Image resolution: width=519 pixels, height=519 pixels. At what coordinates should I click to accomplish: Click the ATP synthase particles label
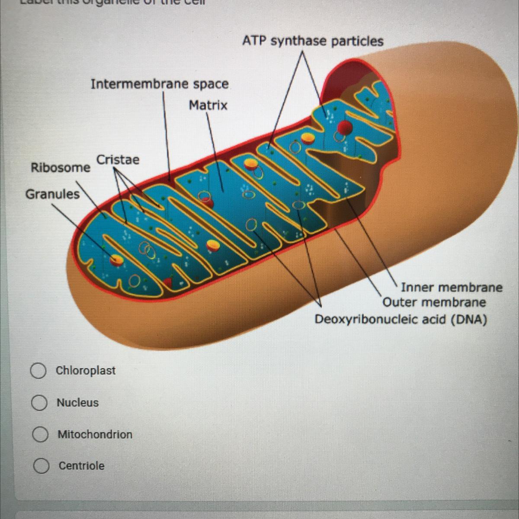point(313,41)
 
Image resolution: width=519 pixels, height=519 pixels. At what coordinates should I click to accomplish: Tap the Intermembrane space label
point(159,84)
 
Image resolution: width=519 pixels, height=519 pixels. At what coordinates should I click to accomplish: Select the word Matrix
point(208,105)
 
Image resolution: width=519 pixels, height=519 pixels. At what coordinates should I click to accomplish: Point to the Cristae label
point(118,160)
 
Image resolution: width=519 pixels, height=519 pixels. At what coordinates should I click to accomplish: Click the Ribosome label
point(61,167)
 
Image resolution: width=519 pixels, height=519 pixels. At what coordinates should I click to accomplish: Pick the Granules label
point(52,194)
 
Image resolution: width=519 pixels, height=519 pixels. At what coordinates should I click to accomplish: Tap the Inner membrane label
point(452,287)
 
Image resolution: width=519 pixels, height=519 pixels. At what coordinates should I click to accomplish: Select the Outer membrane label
point(434,302)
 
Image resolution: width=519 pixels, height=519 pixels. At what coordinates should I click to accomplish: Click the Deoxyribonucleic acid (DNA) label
point(400,320)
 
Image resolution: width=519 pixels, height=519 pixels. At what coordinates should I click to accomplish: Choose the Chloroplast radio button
point(38,371)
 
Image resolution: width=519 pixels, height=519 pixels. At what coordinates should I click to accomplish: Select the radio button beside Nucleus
point(39,403)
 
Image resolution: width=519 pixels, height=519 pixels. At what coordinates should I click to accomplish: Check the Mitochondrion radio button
point(40,435)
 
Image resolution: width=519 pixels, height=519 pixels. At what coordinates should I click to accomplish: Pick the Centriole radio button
point(41,466)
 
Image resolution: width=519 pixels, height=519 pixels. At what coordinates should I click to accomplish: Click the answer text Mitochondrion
point(95,434)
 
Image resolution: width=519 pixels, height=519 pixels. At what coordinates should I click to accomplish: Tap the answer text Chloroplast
point(86,371)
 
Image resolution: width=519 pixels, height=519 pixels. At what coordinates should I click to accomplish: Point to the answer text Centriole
point(81,466)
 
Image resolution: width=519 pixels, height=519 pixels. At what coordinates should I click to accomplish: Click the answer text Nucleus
point(78,403)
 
